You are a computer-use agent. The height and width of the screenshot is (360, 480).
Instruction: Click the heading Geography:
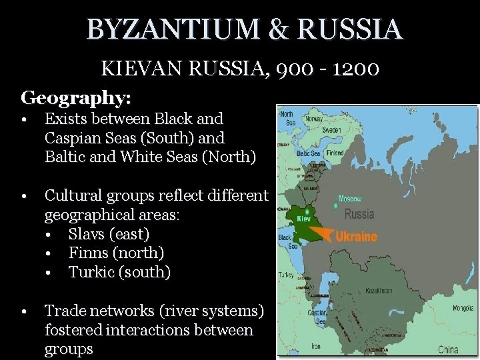pos(76,98)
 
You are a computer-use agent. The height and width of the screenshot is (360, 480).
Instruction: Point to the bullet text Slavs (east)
pos(109,234)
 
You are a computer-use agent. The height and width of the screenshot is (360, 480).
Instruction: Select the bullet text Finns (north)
pos(116,253)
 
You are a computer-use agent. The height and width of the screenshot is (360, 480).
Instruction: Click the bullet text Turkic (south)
pos(120,272)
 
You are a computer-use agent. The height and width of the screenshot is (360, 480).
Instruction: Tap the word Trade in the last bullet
pos(65,311)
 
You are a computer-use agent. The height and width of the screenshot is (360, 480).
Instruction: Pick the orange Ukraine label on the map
pos(355,236)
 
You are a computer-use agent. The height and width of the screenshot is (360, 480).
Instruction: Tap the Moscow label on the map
pos(350,199)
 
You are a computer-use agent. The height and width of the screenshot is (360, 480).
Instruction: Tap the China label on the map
pos(448,349)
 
